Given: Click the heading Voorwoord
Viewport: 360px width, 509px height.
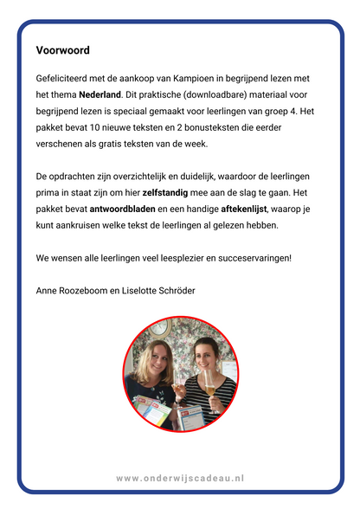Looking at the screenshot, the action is click(63, 51).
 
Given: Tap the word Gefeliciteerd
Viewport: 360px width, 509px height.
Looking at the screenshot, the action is click(67, 77).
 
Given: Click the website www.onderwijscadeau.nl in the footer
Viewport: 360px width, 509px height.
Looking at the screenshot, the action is click(180, 477).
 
